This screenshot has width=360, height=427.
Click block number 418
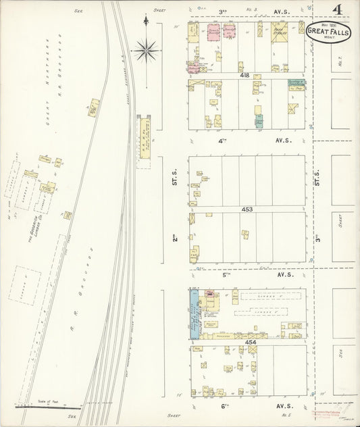pos(245,75)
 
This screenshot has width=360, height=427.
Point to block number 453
pos(247,209)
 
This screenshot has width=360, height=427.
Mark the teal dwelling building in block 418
pos(259,122)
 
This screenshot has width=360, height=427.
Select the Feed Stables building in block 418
pos(279,32)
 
